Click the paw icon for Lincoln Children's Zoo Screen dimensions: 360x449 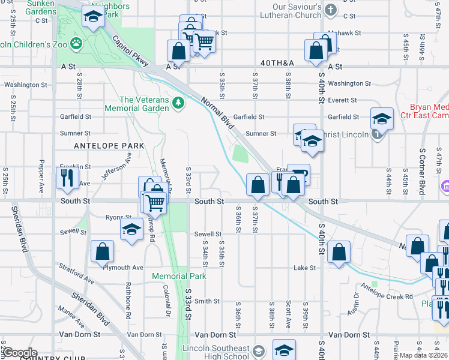point(76,43)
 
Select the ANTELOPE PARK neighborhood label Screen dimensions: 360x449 point(109,146)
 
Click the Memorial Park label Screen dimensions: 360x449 point(179,276)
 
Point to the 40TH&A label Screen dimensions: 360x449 point(278,62)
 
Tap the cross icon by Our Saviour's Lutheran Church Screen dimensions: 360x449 point(330,10)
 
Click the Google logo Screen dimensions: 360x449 point(20,353)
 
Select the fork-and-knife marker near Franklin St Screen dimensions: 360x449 point(66,178)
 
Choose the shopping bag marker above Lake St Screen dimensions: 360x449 point(339,253)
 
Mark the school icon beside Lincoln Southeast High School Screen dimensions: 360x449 point(259,351)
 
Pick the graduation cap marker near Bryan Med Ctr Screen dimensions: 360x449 point(381,119)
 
